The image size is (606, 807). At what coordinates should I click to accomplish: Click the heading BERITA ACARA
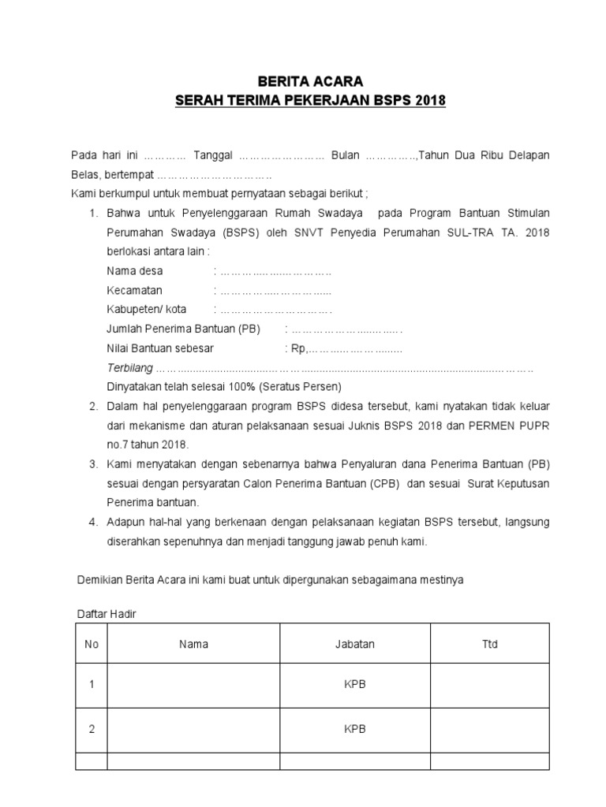click(x=303, y=82)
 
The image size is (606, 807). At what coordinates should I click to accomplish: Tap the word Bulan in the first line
click(x=345, y=156)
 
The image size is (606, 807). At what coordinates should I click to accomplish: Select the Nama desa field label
click(x=135, y=271)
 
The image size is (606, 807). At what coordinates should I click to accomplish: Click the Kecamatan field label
click(x=134, y=290)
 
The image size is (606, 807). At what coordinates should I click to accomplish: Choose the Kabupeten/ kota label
click(x=147, y=309)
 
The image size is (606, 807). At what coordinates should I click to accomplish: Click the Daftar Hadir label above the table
click(x=106, y=614)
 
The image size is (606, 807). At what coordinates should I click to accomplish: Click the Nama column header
click(x=193, y=644)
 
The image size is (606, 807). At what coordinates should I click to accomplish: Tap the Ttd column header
click(x=489, y=644)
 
